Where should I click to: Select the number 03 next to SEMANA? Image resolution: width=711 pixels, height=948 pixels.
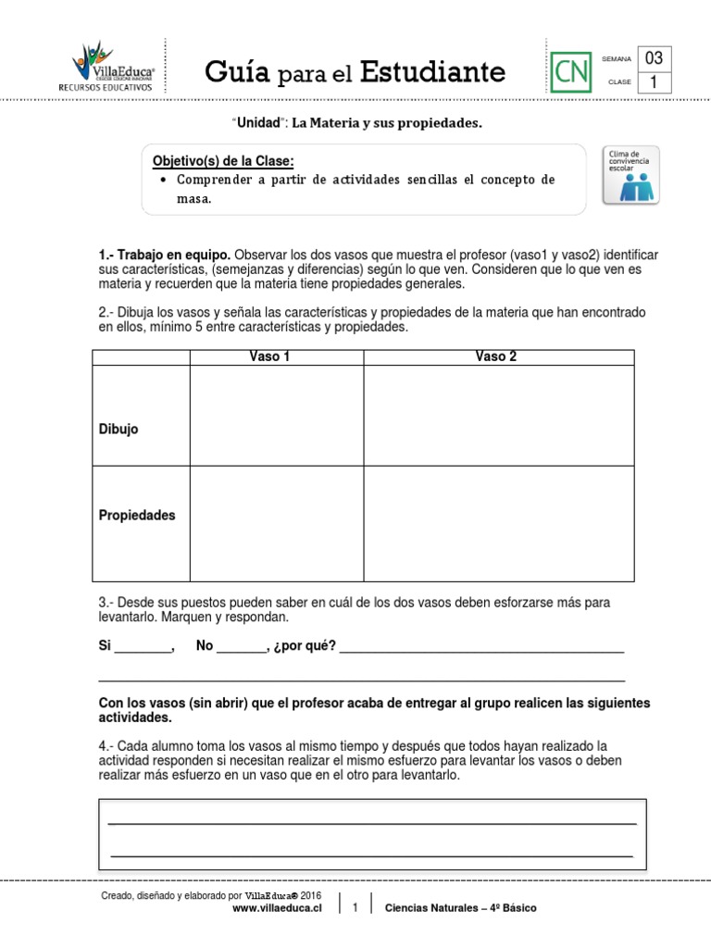tap(654, 58)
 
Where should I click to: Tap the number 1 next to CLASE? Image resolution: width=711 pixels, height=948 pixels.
tap(654, 82)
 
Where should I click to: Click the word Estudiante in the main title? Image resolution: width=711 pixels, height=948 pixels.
tap(432, 71)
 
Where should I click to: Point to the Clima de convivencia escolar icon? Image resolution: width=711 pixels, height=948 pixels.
tap(632, 174)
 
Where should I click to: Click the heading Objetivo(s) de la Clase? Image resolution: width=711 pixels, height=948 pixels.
tap(222, 161)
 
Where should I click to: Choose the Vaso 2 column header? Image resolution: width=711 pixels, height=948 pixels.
tap(496, 357)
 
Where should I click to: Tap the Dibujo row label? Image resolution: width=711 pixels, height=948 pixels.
tap(118, 430)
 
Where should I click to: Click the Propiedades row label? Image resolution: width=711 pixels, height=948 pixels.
tap(137, 516)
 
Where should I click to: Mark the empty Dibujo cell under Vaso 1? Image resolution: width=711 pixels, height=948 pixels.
tap(276, 416)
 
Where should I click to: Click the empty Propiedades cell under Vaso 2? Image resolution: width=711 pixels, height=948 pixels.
tap(498, 523)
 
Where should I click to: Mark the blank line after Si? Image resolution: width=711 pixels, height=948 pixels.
tap(143, 647)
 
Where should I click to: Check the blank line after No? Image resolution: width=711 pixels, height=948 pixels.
tap(240, 647)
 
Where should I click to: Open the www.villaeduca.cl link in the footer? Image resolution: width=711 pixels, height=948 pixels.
tap(277, 908)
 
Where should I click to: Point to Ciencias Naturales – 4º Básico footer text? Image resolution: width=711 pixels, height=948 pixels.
tap(460, 908)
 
